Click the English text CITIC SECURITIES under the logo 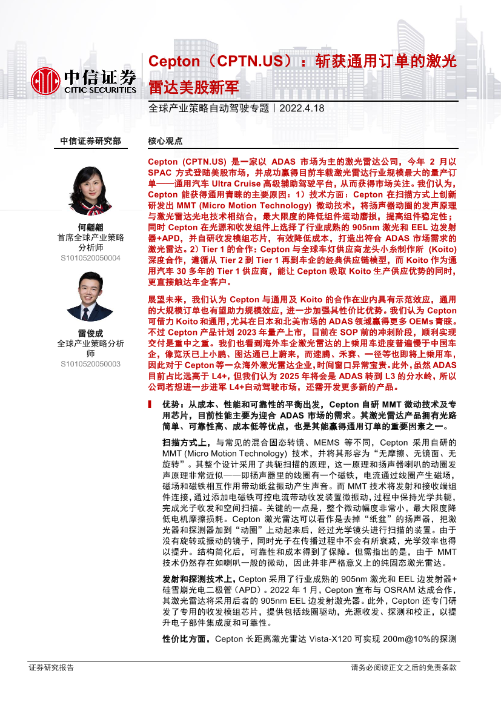pos(101,90)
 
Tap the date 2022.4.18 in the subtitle pos(302,108)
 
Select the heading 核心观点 pos(165,141)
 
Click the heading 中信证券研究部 pos(91,141)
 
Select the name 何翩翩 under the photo pos(90,227)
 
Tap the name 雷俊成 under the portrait pos(90,332)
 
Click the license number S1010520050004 pos(90,258)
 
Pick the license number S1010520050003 pos(90,364)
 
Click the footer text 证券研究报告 pos(51,667)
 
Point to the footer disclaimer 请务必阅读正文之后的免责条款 pos(403,667)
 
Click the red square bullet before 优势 pos(151,405)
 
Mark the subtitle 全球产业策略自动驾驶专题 pos(208,108)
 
